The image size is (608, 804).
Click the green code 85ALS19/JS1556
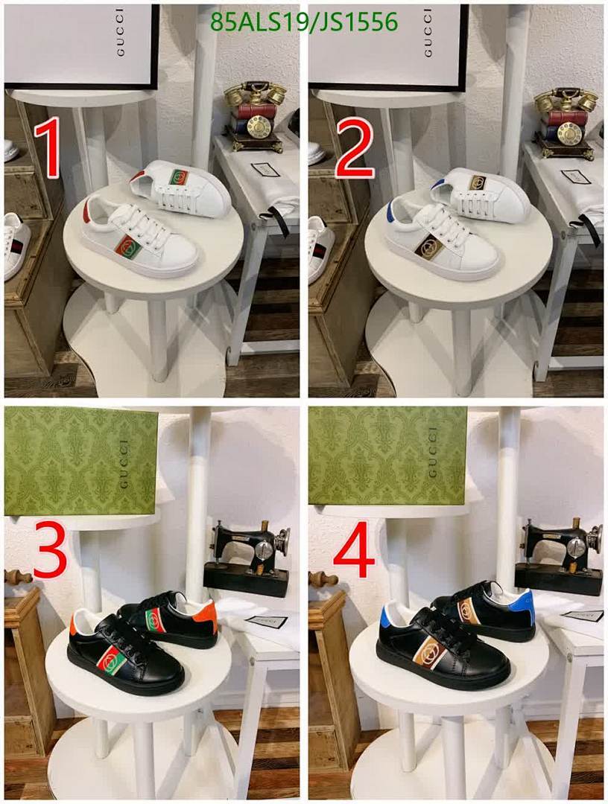[304, 22]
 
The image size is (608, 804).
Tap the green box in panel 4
[387, 456]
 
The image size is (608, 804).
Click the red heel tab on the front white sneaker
[87, 212]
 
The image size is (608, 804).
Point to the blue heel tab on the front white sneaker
[391, 213]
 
